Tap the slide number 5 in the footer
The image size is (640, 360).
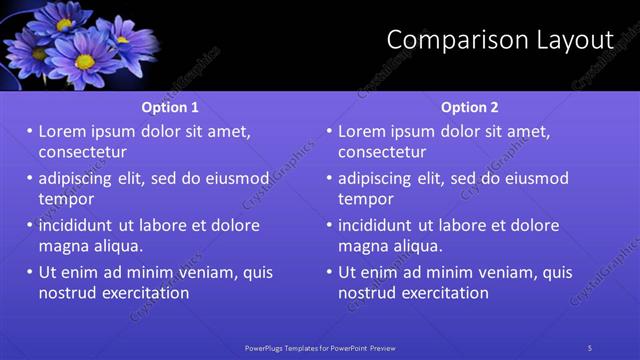590,347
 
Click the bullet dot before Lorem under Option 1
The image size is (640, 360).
30,131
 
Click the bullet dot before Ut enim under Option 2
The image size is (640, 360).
330,272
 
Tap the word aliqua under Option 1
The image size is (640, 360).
119,245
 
